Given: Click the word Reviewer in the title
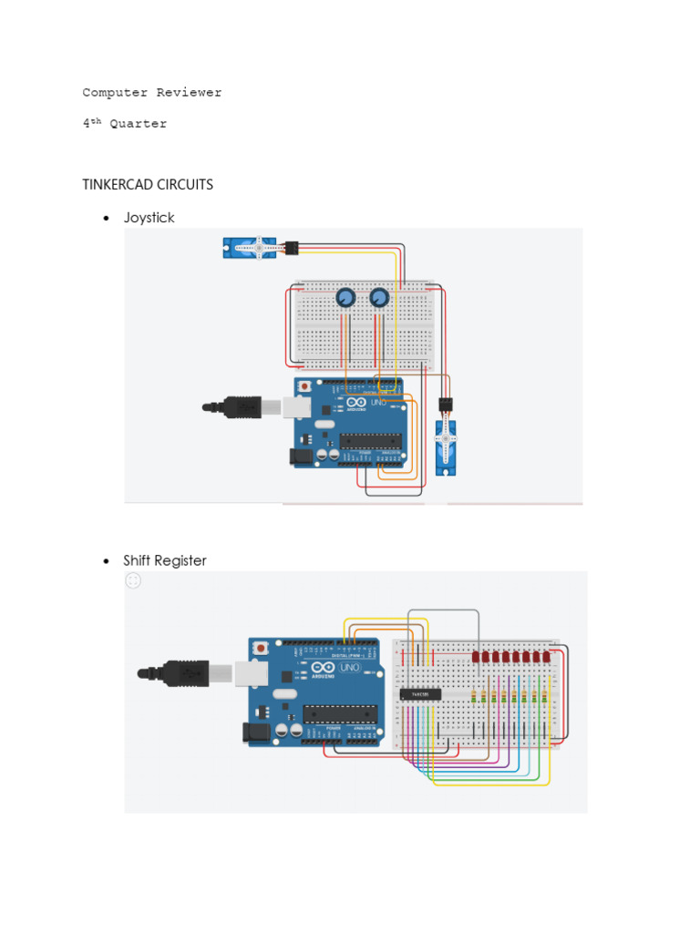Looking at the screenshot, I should coord(189,93).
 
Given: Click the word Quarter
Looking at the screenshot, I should coord(139,124).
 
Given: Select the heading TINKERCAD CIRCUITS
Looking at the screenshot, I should coord(148,184).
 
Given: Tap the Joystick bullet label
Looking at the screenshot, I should coord(149,218).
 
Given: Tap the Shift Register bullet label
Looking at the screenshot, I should coord(166,560).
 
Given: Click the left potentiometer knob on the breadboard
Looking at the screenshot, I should coord(345,298).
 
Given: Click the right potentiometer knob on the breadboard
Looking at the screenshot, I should coord(379,298).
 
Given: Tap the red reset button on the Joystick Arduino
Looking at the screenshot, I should coord(304,386).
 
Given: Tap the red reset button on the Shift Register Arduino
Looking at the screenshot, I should coord(262,649).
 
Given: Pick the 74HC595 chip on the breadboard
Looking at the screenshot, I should coord(421,694).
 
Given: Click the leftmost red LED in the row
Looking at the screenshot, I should coord(477,656).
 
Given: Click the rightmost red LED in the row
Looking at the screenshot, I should coord(547,656).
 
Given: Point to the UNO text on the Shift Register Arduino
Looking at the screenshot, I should coord(350,669).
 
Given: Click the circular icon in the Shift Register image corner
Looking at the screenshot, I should coord(133,580).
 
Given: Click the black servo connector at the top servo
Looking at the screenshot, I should coord(292,247).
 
